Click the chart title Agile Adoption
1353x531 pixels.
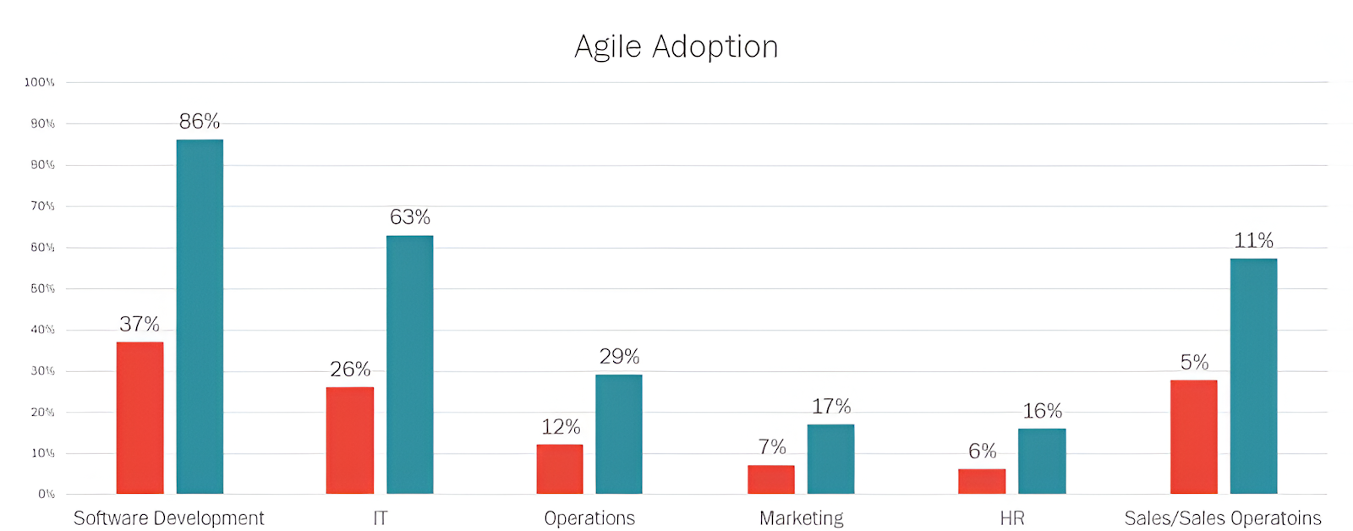[676, 47]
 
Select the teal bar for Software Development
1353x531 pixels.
[200, 316]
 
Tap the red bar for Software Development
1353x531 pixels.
[140, 418]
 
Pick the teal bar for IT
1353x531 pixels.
[409, 364]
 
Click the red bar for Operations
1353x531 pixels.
[559, 469]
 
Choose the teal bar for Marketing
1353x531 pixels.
[830, 459]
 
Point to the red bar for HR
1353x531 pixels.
[982, 481]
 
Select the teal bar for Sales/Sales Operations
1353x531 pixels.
[1253, 376]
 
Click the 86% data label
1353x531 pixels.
[200, 121]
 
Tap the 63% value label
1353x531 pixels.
[410, 217]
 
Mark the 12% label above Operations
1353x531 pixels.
[561, 427]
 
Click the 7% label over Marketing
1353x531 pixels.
[771, 446]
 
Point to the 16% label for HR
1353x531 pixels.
[1042, 411]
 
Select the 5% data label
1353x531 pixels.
[1194, 363]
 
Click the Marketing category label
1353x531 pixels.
[801, 518]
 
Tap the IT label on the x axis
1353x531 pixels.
[381, 518]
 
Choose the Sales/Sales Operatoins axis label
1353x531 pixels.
[1222, 518]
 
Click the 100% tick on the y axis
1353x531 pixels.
[39, 82]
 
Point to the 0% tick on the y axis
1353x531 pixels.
[46, 494]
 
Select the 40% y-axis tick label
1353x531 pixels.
[42, 330]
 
